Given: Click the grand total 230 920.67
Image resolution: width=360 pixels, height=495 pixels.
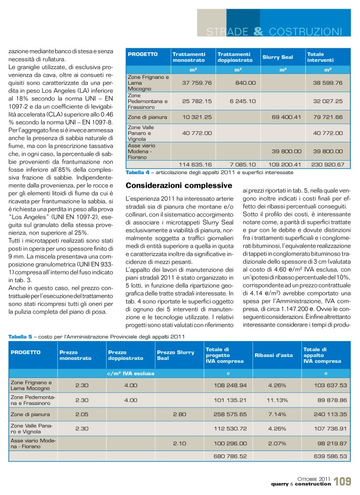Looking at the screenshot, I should [x=327, y=165].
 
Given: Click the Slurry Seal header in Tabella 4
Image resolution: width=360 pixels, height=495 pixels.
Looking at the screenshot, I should [x=277, y=57].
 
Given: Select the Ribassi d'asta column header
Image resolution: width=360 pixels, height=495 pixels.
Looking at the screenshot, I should [x=273, y=355].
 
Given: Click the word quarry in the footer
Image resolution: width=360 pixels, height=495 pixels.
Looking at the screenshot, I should [x=283, y=485].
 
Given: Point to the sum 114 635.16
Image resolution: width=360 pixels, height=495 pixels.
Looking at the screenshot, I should [x=195, y=165].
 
